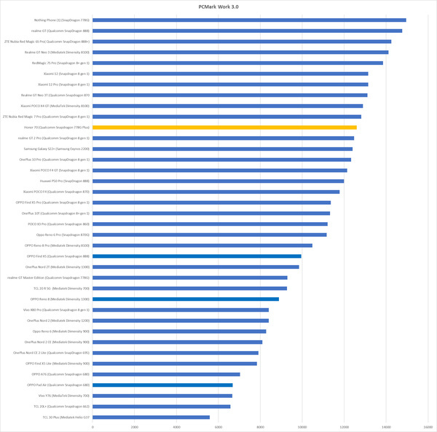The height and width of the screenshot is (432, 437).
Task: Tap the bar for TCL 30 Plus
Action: [x=151, y=417]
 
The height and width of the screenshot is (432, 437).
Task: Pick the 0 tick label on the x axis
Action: [x=92, y=426]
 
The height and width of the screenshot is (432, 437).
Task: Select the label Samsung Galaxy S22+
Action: [x=57, y=149]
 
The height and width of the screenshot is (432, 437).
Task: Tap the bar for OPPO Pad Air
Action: [x=162, y=385]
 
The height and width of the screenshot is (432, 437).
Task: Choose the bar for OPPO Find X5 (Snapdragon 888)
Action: [x=197, y=256]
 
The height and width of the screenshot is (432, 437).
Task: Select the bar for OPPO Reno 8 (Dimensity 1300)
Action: [x=186, y=299]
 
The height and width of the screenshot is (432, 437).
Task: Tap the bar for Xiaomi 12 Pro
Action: [x=230, y=85]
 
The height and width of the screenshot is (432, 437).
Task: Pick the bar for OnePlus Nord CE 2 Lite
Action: [x=176, y=353]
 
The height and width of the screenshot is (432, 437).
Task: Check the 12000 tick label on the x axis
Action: [x=345, y=426]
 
